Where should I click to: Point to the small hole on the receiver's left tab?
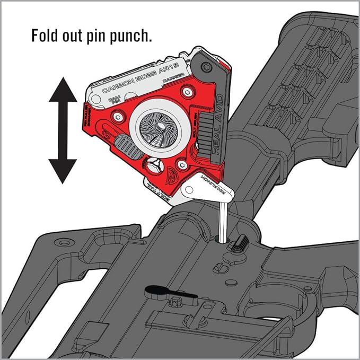[x=64, y=242]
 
